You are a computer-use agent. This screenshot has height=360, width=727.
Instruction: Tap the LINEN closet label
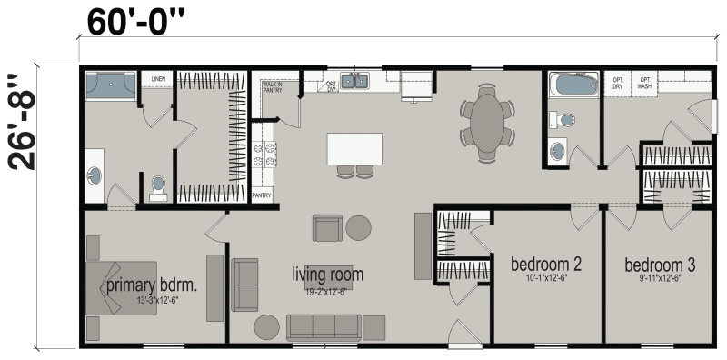(x=157, y=80)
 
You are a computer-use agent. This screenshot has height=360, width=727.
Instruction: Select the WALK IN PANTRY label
(x=272, y=86)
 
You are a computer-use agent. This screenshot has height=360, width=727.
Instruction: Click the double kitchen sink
(x=354, y=83)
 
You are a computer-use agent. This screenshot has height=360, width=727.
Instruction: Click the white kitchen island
(x=354, y=148)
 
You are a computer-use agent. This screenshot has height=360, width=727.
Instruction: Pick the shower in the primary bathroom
(x=109, y=86)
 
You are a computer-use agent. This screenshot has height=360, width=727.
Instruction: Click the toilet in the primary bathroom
(x=158, y=186)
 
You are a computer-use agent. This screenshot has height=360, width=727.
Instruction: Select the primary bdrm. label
(x=152, y=285)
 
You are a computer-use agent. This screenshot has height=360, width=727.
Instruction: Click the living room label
(x=327, y=274)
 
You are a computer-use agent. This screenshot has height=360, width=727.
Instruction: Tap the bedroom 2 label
(x=545, y=265)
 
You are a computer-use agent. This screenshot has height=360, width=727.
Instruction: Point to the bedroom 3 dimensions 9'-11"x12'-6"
(x=660, y=278)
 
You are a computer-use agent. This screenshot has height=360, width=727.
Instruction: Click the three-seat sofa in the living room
(x=324, y=326)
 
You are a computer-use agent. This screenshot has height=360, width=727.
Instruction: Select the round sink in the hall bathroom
(x=558, y=149)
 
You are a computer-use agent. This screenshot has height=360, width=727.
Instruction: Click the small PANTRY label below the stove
(x=262, y=195)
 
